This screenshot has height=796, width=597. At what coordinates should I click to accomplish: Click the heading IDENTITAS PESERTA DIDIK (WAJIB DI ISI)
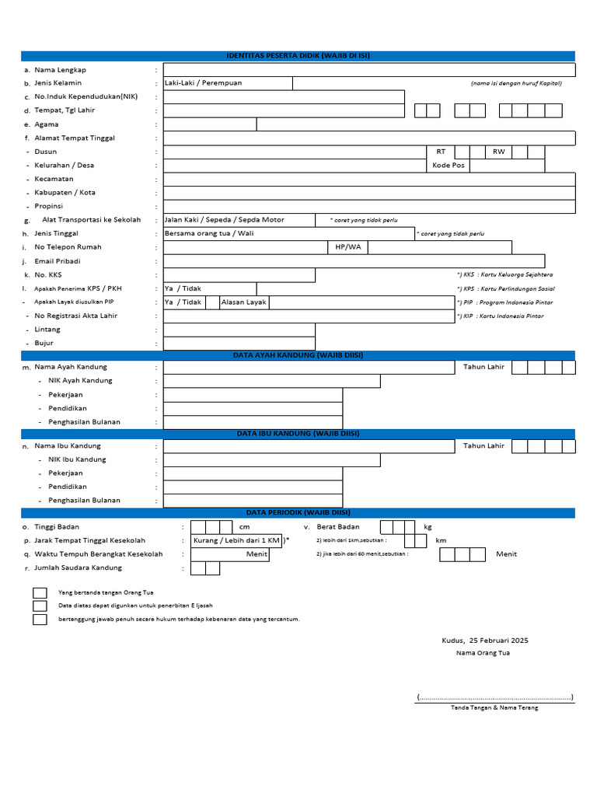tap(298, 56)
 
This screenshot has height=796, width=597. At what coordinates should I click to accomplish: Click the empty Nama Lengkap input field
tap(368, 70)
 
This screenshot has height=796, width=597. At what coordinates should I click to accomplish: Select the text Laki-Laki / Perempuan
tap(204, 83)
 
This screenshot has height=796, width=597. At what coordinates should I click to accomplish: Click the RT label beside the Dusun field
tap(441, 152)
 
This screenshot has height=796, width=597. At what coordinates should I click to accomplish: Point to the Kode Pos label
tap(449, 166)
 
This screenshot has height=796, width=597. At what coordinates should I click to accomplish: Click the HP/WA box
tap(348, 247)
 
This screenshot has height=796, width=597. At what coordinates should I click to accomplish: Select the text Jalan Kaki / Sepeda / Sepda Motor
tap(225, 220)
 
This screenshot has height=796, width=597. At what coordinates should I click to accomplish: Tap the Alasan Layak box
tap(243, 302)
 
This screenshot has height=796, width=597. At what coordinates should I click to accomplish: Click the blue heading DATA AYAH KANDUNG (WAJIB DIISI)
tap(298, 355)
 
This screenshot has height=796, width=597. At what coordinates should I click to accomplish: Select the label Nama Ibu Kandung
tap(68, 446)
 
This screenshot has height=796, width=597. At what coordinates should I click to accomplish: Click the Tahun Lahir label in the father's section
tap(484, 367)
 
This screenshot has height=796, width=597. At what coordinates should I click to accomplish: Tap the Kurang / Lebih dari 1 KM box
tap(236, 540)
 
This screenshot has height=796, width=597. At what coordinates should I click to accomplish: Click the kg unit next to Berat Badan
tap(428, 527)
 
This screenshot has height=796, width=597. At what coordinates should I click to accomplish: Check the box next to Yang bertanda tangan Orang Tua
tap(40, 593)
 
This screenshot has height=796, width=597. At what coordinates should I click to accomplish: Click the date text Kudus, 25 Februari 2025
tap(484, 641)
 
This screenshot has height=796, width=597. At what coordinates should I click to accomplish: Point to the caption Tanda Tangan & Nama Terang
tap(494, 707)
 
